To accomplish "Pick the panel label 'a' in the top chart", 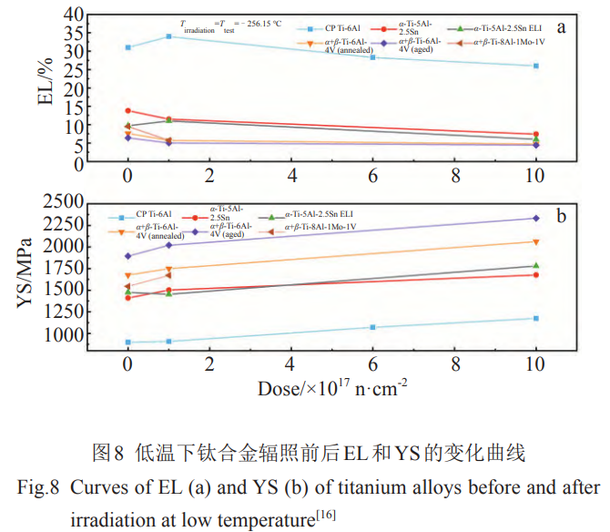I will (562, 26).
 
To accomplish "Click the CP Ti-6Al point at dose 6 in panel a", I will (372, 57).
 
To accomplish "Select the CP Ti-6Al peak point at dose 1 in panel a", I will (168, 36).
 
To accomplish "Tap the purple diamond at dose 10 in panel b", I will (536, 219).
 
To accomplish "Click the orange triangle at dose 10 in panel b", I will (536, 241).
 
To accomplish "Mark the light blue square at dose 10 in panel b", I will (536, 318).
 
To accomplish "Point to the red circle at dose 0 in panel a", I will (128, 111).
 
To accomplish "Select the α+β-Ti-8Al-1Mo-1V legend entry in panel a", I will (496, 42).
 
